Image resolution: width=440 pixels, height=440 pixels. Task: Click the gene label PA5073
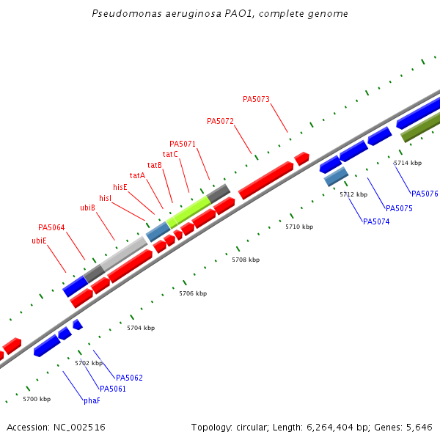tap(256, 99)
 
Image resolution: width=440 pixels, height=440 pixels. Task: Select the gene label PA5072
tap(220, 121)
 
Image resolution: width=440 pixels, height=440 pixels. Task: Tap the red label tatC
tap(170, 154)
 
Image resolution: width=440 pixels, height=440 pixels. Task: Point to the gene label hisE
tap(120, 187)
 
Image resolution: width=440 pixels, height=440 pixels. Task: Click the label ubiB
tap(87, 208)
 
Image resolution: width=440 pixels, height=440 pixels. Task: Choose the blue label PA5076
tap(425, 194)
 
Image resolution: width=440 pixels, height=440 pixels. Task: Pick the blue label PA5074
tap(376, 221)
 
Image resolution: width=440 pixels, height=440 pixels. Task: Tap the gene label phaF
tap(92, 400)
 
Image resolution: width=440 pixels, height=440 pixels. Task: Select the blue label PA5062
tap(129, 378)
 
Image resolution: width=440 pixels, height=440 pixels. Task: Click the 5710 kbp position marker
tap(299, 227)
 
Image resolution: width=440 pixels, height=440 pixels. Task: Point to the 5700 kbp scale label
tap(37, 399)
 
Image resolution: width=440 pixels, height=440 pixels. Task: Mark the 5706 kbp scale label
tap(193, 293)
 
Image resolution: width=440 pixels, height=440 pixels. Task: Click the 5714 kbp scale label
tap(408, 163)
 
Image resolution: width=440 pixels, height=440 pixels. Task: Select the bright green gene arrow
tap(188, 210)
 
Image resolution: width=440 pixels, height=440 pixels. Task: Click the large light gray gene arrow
tap(124, 253)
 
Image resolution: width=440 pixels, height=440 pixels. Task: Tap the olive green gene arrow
tap(420, 127)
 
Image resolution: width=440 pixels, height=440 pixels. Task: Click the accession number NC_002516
tap(79, 427)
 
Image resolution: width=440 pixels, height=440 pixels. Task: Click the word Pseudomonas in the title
tap(124, 14)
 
